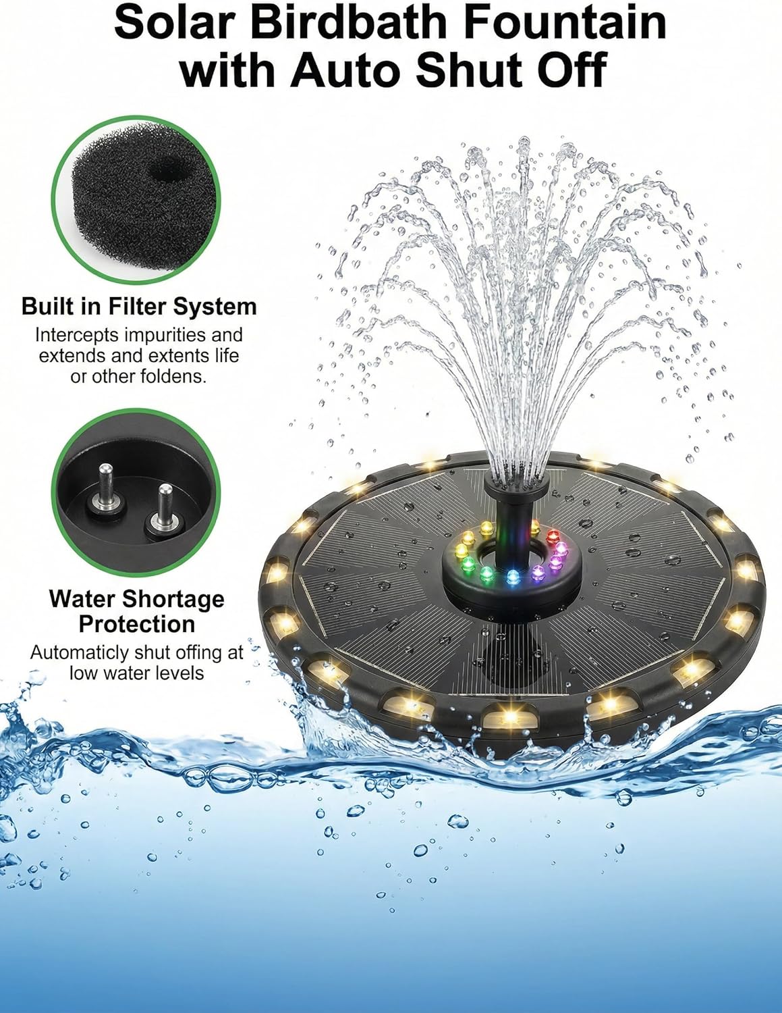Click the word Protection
tap(137, 624)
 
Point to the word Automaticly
tap(79, 653)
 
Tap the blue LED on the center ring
tap(512, 577)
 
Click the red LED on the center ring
tap(554, 537)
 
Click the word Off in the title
tap(570, 70)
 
